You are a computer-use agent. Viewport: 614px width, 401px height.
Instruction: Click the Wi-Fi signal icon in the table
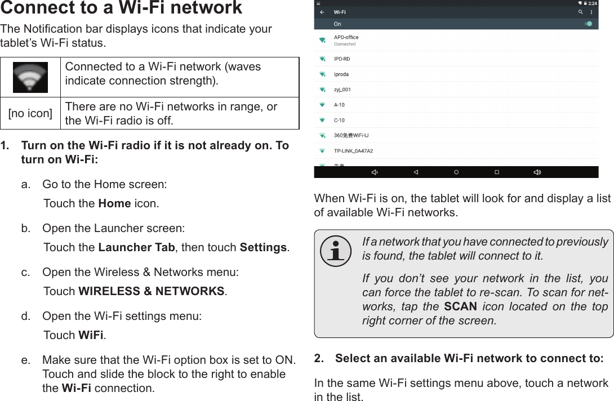tap(30, 77)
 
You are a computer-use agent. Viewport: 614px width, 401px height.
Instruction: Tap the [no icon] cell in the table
tap(30, 114)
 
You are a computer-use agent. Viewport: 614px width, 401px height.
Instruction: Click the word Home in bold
tap(115, 203)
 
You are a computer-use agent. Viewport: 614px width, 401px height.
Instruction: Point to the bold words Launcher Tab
tap(137, 248)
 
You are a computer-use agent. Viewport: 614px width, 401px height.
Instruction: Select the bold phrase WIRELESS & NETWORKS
tap(152, 291)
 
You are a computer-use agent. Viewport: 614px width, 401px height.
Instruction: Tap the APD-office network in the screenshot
tap(346, 38)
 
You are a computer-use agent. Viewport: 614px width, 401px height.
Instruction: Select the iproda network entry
tap(341, 74)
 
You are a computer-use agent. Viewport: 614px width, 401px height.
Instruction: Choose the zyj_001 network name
tap(342, 89)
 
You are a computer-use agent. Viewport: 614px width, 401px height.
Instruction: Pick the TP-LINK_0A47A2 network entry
tap(353, 151)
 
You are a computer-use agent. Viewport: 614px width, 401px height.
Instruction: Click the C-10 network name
tap(339, 120)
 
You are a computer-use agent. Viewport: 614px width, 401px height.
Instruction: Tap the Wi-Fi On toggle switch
tap(588, 24)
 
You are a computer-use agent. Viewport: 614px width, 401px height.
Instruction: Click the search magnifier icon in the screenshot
tap(580, 12)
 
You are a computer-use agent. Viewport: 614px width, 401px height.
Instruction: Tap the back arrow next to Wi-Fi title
tap(322, 12)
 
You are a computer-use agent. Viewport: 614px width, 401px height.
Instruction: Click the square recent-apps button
tap(497, 172)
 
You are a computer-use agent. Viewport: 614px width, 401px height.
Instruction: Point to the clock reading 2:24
tap(592, 3)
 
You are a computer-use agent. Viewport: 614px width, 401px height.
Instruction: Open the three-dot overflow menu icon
tap(593, 12)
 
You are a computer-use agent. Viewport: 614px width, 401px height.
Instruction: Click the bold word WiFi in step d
tap(90, 335)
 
